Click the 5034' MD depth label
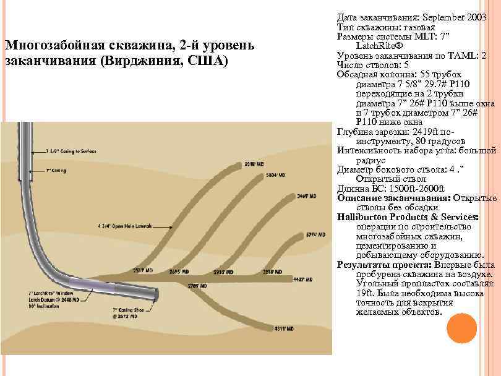tap(275, 176)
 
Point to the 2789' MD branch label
tap(195, 286)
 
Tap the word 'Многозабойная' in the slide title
tap(42, 46)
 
